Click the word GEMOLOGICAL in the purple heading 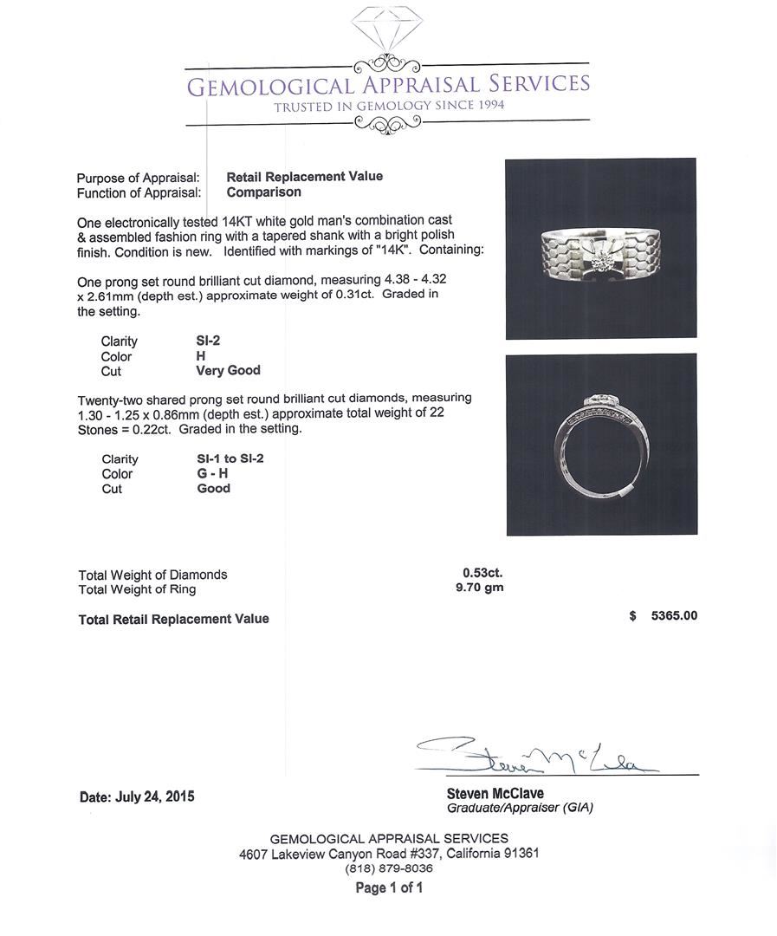point(271,86)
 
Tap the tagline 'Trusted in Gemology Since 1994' point(389,106)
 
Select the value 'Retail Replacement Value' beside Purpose point(304,176)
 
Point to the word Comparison point(264,192)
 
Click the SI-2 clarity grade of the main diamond point(208,341)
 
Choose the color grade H point(201,355)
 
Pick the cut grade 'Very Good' point(228,370)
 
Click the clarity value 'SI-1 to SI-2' point(230,458)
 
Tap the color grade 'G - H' point(213,473)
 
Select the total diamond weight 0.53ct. point(482,572)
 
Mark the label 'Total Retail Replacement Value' point(173,619)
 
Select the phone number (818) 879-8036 point(389,868)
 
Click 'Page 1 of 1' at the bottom point(389,887)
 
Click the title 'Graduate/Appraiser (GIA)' point(520,808)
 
